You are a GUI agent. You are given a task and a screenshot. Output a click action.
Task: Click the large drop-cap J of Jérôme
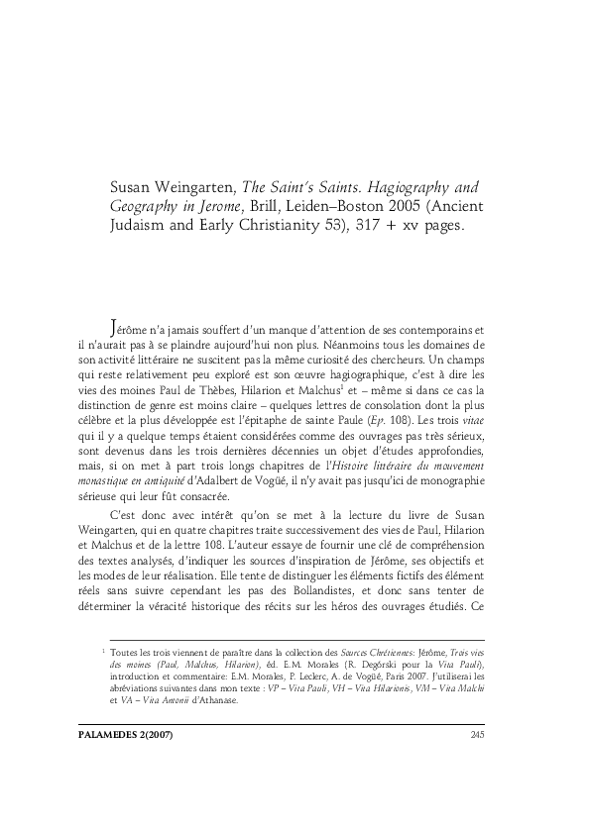(x=114, y=327)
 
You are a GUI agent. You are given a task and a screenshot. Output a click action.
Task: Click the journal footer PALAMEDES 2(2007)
(x=151, y=762)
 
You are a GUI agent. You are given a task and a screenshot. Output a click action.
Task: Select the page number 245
(x=475, y=762)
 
